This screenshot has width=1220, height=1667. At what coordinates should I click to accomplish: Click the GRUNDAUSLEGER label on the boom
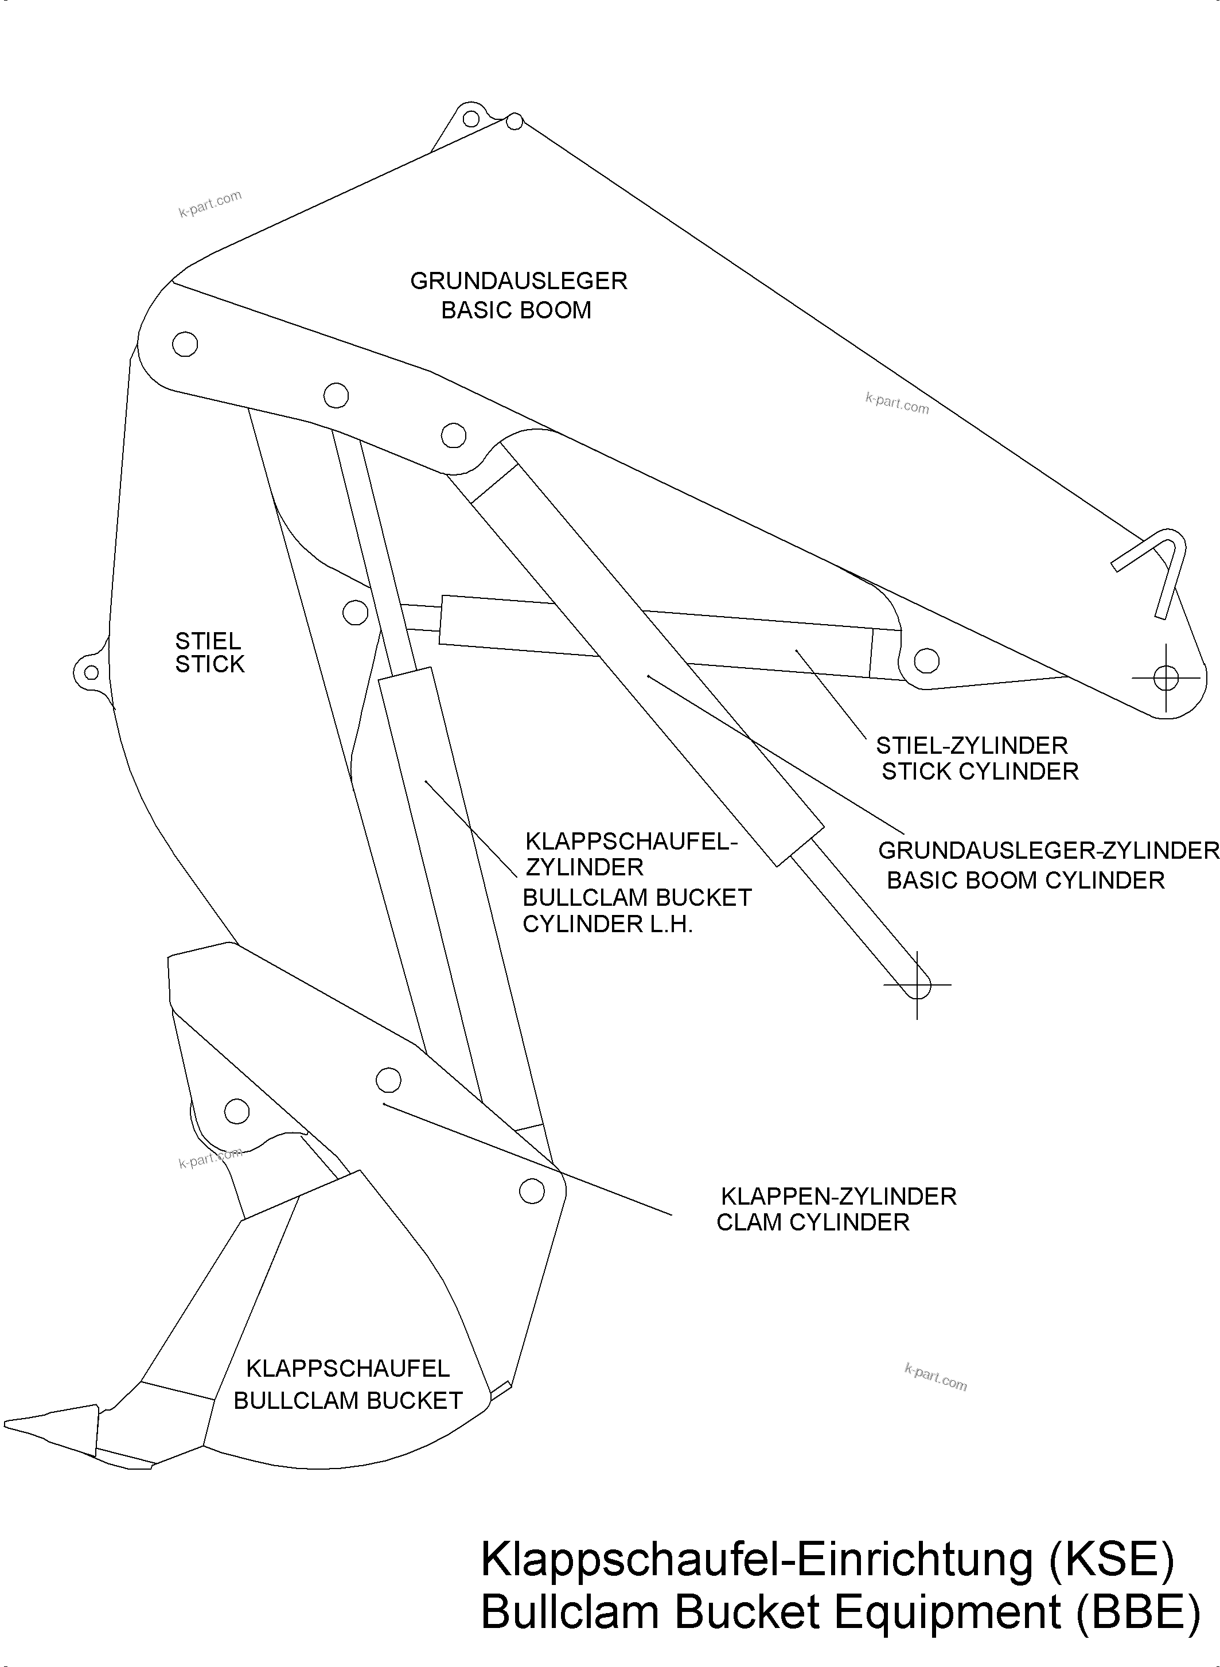point(519,281)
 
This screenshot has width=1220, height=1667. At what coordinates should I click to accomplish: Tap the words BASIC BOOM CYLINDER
point(1025,881)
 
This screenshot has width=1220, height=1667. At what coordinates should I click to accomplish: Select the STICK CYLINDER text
point(980,771)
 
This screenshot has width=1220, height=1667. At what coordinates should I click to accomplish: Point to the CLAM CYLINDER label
point(812,1222)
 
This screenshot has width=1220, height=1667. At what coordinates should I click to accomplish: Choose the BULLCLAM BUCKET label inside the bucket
point(348,1400)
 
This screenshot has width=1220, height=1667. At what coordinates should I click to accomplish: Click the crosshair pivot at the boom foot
point(1166,677)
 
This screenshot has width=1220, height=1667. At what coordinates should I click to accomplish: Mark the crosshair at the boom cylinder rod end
point(917,984)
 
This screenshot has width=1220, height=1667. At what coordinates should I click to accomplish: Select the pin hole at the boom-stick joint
point(185,344)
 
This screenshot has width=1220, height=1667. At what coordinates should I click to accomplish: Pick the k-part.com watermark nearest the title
point(935,1377)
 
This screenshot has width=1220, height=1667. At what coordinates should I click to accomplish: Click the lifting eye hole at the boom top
point(470,118)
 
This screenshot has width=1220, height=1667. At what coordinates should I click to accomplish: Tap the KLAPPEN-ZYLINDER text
point(838,1196)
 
